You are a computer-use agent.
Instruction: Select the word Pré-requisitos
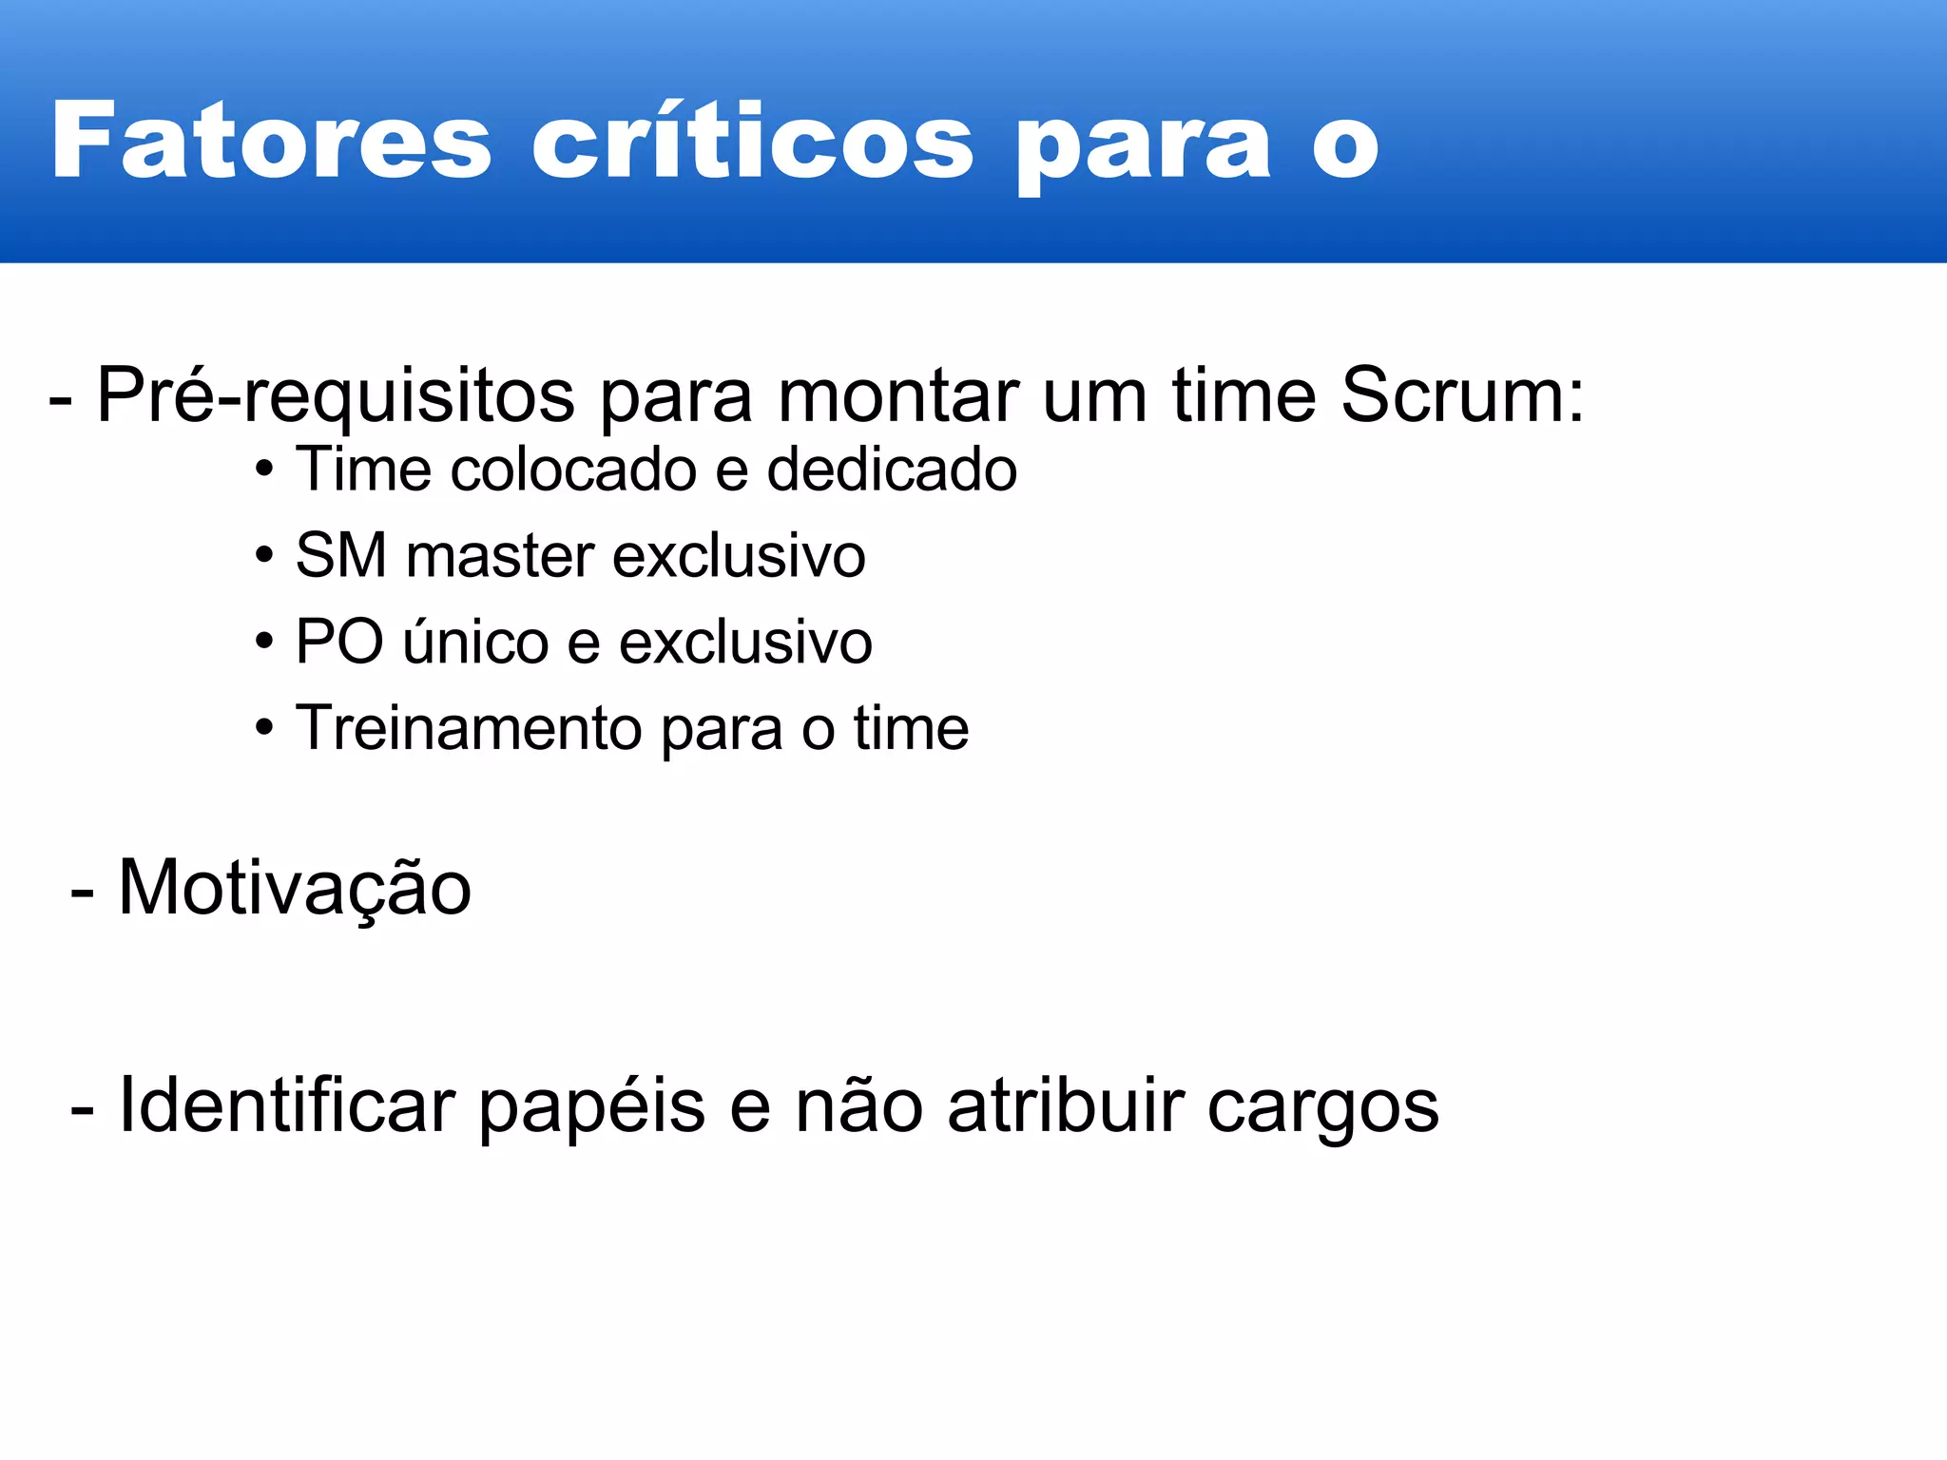(x=335, y=395)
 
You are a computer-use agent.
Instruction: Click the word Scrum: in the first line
(x=1462, y=395)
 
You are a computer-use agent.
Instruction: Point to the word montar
(x=898, y=395)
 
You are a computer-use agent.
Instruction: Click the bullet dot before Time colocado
(x=264, y=470)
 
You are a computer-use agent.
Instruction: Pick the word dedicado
(x=892, y=470)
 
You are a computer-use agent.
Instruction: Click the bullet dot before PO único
(x=264, y=642)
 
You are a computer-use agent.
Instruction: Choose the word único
(x=475, y=642)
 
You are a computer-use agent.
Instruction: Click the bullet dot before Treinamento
(x=264, y=728)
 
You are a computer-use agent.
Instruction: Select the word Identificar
(x=286, y=1105)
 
